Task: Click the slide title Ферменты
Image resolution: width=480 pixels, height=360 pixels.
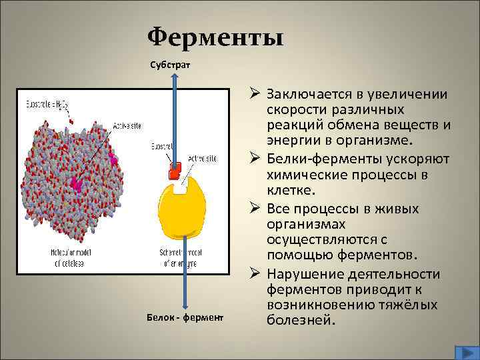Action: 215,37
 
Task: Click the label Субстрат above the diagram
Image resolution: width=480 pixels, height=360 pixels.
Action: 170,65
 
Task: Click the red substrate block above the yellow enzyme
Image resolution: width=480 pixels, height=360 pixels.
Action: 175,171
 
